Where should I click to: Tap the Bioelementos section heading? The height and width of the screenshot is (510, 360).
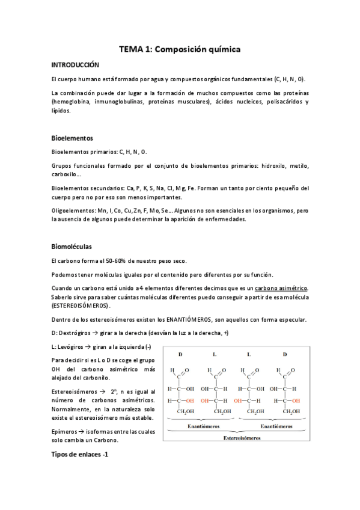tap(72, 138)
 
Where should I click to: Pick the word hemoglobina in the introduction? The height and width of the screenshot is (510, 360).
tap(73, 102)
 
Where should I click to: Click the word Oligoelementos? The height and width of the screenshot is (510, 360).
tap(72, 211)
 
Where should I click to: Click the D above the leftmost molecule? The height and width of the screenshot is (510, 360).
tap(180, 355)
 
